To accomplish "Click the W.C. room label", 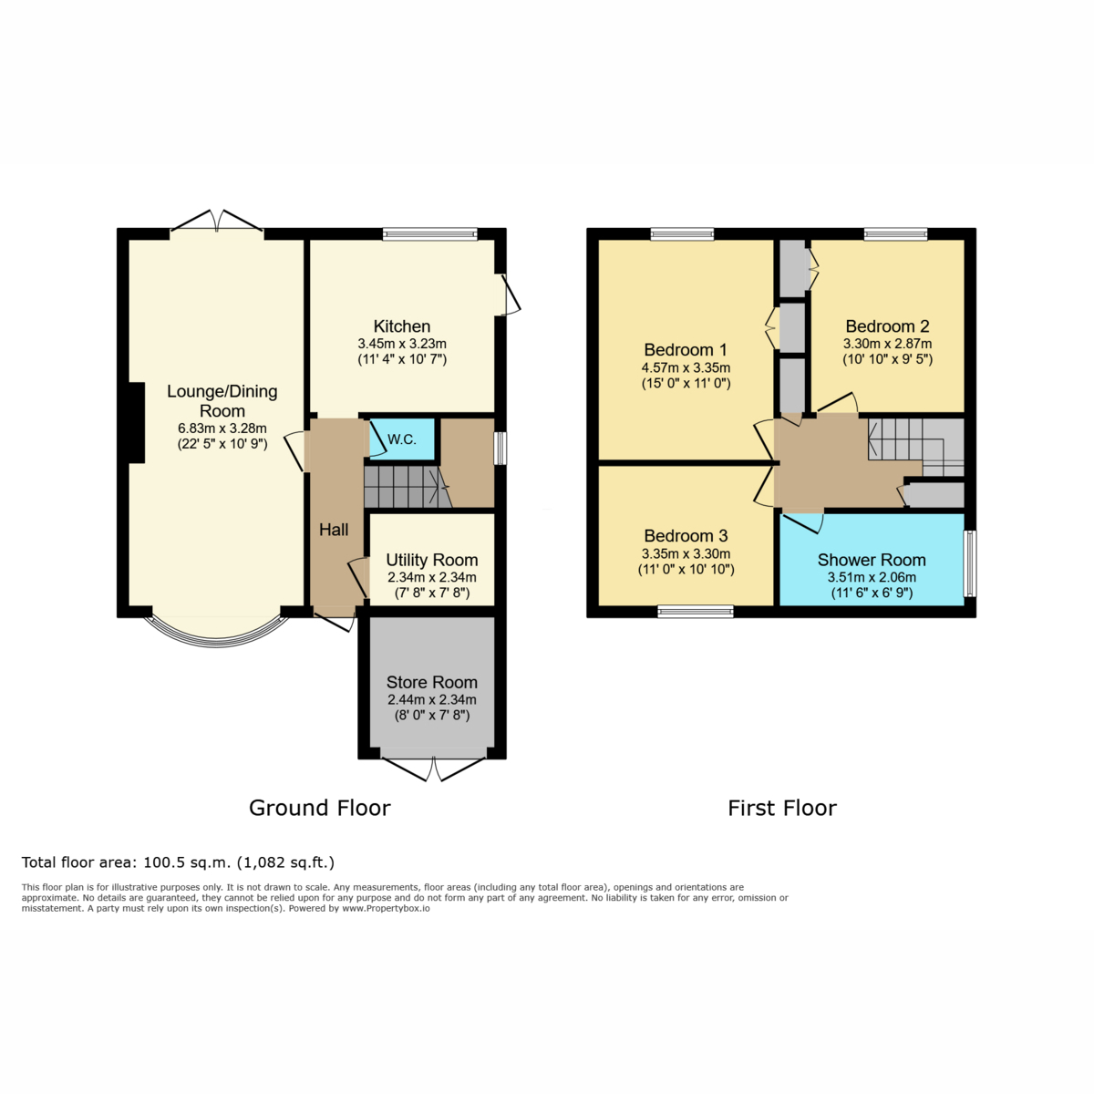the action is pos(402,439).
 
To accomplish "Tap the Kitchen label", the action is pos(402,326).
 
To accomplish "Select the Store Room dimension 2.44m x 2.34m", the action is pos(431,699).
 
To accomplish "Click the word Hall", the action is pos(334,530).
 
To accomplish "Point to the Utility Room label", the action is pos(431,560).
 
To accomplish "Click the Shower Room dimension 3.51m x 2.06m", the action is pos(872,577).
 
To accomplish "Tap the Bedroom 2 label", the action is pos(887,326).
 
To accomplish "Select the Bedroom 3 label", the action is pos(686,536).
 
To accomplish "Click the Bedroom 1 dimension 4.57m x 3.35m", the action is pos(686,367).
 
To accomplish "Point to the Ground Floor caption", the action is pos(320,808).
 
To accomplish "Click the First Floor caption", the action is pos(781,808).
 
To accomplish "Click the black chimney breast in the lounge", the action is pos(136,423).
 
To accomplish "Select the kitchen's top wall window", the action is pos(429,234).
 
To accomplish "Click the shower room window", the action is pos(970,563).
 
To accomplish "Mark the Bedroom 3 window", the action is pos(696,612).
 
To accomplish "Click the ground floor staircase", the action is pos(408,487).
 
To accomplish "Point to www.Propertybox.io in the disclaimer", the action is pos(386,908).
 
